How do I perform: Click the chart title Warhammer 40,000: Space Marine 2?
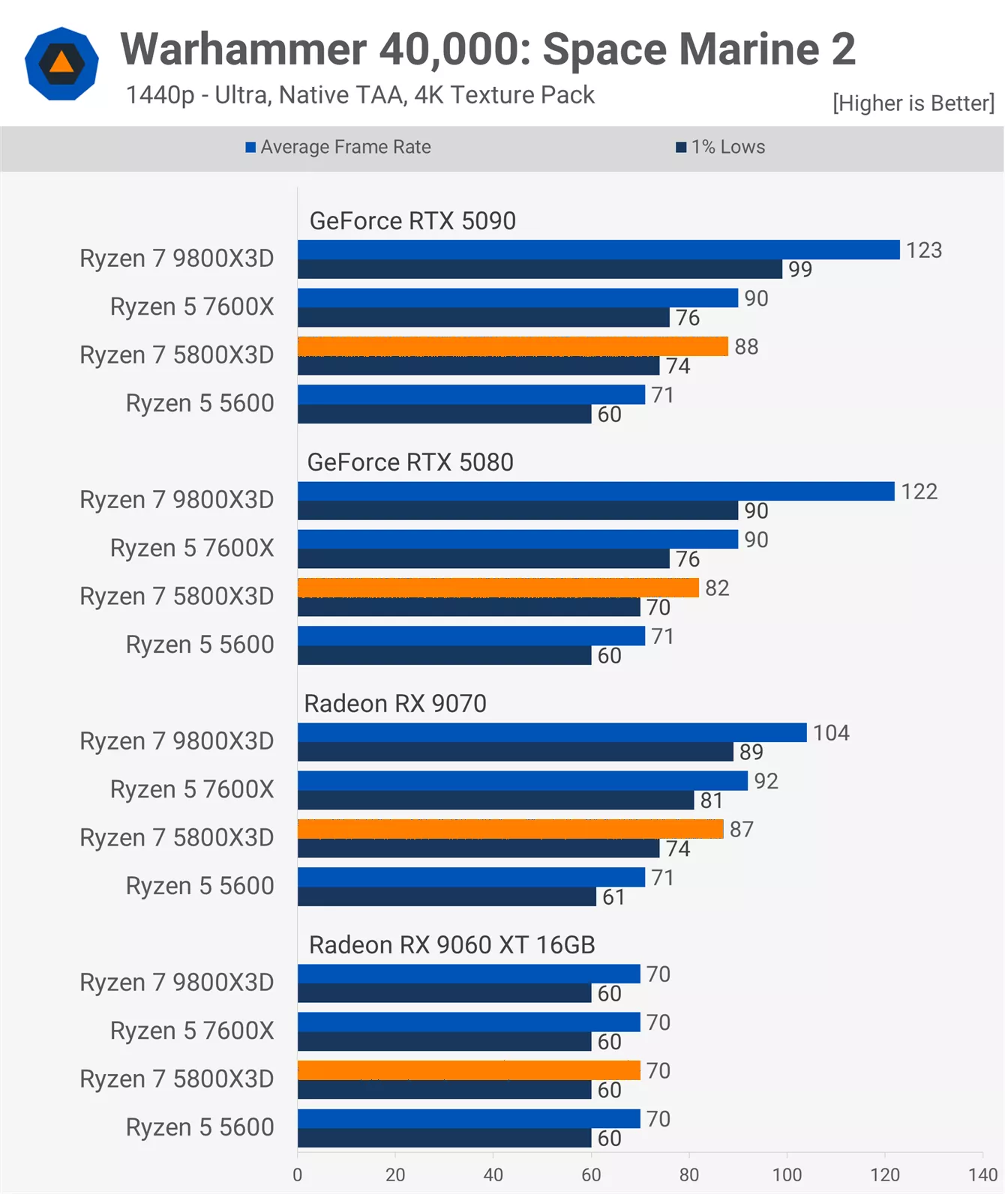click(487, 49)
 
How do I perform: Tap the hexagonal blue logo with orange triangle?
click(61, 64)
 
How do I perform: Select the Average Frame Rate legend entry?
click(338, 147)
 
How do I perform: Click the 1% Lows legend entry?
click(721, 147)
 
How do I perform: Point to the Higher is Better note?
click(913, 103)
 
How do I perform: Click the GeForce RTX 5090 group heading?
click(412, 221)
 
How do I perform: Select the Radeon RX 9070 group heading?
click(395, 704)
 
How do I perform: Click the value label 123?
click(923, 250)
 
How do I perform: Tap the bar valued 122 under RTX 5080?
click(595, 492)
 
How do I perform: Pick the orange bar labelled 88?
click(512, 346)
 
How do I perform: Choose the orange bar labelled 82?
click(498, 588)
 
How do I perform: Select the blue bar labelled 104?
click(551, 732)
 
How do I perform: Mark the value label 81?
click(711, 800)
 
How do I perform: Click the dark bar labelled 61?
click(446, 896)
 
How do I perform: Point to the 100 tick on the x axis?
click(787, 1175)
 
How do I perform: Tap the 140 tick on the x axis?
click(982, 1175)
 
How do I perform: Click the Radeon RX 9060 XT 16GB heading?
click(451, 945)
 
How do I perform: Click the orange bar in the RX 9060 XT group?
click(469, 1070)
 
